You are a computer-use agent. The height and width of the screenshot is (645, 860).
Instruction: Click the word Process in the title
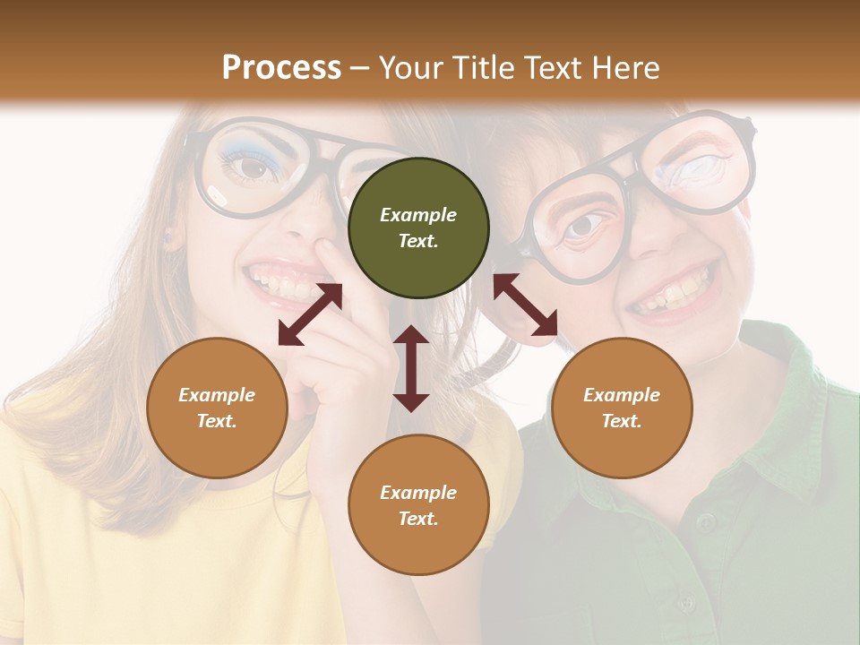281,68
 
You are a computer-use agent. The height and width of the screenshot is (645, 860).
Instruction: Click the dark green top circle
418,228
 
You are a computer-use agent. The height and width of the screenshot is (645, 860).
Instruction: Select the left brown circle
217,408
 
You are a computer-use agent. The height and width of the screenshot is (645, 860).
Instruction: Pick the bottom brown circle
418,505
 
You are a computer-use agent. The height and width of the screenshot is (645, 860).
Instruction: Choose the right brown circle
622,408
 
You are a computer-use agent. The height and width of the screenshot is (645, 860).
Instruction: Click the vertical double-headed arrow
411,368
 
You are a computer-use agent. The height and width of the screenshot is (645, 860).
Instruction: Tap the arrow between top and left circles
310,314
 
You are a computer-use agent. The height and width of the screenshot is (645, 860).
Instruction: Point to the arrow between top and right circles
525,304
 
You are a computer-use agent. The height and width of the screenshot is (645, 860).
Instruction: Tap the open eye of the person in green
583,225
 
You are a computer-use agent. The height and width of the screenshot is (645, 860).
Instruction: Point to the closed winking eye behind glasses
703,171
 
